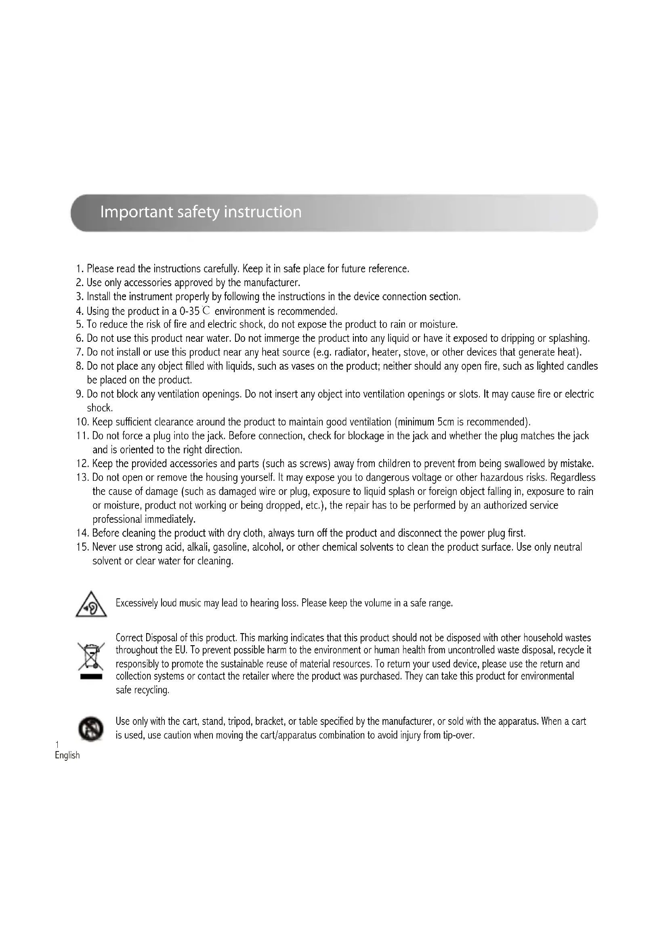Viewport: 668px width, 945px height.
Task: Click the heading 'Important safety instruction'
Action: [201, 212]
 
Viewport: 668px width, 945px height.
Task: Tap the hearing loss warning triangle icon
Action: [91, 605]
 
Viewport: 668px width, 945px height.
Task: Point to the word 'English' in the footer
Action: [67, 755]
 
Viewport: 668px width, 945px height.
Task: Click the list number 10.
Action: [82, 422]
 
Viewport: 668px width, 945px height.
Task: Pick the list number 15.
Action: [82, 547]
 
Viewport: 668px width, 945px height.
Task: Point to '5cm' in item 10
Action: [445, 422]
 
